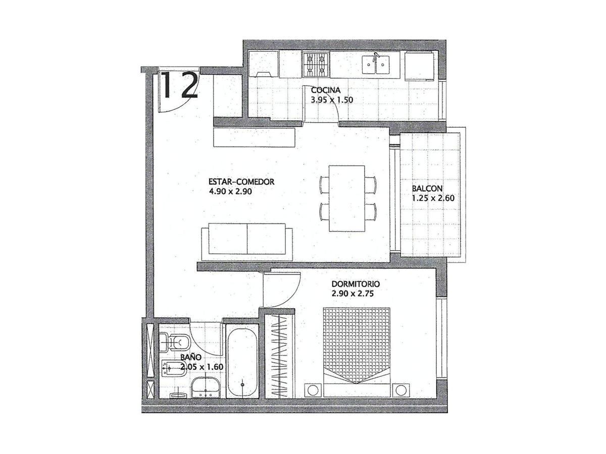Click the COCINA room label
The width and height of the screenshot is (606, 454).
click(x=326, y=90)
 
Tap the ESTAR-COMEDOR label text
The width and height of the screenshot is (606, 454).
click(x=241, y=182)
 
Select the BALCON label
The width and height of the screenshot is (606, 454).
click(x=427, y=189)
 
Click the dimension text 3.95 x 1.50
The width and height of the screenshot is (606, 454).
click(x=332, y=100)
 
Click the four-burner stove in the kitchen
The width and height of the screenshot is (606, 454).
click(x=316, y=65)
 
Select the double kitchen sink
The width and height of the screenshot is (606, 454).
click(x=376, y=65)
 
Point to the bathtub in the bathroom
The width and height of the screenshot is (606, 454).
click(x=242, y=361)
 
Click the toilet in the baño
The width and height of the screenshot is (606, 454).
click(x=173, y=343)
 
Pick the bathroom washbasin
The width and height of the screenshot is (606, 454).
click(x=206, y=388)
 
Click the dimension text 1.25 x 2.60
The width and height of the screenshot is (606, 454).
click(x=433, y=198)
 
